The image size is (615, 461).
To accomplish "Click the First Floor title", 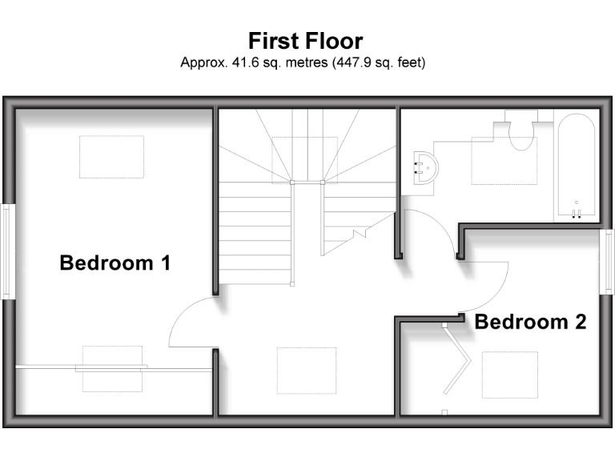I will pyautogui.click(x=306, y=41).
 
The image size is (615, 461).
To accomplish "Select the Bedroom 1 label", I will pyautogui.click(x=115, y=263).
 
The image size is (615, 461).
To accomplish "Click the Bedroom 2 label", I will pyautogui.click(x=530, y=323).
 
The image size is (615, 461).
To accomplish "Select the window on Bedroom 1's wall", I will pyautogui.click(x=6, y=251).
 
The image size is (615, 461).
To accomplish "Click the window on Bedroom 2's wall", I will pyautogui.click(x=608, y=262).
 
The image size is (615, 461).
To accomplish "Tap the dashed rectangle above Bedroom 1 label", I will pyautogui.click(x=111, y=157).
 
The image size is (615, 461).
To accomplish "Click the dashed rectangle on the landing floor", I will pyautogui.click(x=306, y=371).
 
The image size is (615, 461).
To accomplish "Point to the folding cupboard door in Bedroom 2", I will pyautogui.click(x=456, y=364).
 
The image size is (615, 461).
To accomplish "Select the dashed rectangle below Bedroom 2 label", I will pyautogui.click(x=509, y=375).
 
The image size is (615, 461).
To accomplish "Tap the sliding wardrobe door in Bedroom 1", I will pyautogui.click(x=112, y=368).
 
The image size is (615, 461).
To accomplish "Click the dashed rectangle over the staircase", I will pyautogui.click(x=305, y=159).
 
